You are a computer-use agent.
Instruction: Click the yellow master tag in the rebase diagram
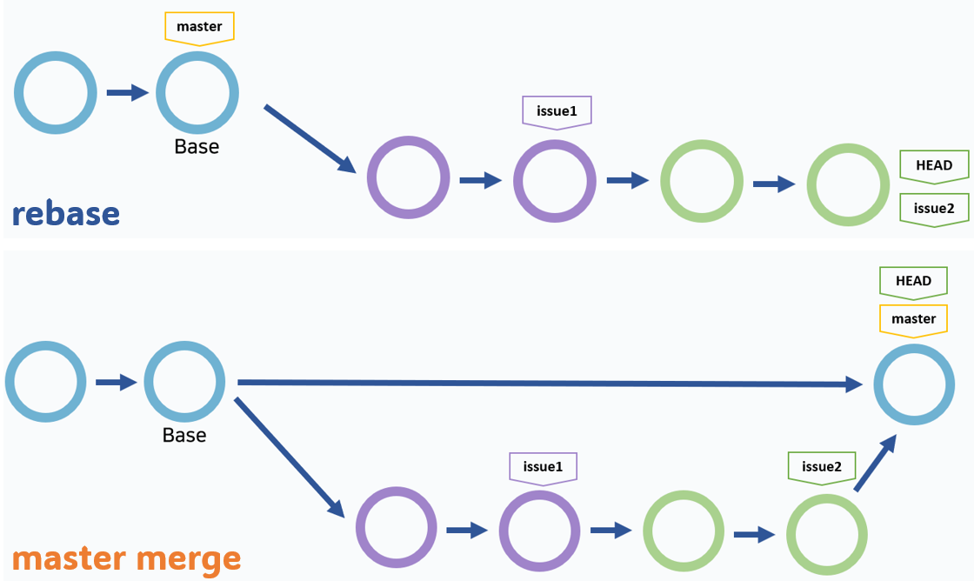[199, 27]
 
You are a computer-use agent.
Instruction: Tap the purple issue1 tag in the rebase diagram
[557, 110]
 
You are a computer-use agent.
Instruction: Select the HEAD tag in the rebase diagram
[933, 165]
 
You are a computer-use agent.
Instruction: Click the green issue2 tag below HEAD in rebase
[933, 208]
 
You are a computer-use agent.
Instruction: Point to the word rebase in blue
[66, 213]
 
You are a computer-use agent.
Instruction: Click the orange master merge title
[126, 558]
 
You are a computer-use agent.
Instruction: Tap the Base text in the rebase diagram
[197, 146]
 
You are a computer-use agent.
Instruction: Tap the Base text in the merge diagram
[184, 434]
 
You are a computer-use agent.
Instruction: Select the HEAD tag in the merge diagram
[913, 281]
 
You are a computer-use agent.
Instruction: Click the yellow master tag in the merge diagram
[913, 318]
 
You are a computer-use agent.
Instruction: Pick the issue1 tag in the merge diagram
[543, 466]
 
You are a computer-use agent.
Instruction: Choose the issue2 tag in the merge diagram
[821, 466]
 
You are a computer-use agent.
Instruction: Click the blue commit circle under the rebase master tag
[197, 93]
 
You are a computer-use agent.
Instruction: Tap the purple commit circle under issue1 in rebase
[555, 181]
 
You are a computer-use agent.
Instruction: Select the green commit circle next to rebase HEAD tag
[848, 185]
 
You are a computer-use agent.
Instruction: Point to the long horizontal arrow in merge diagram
[548, 383]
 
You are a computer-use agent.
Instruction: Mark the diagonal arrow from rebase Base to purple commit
[310, 139]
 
